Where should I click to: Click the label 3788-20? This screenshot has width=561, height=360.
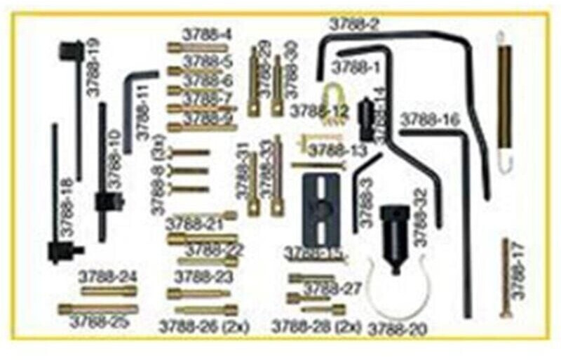398,328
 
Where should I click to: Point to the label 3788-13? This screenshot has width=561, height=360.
338,150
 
